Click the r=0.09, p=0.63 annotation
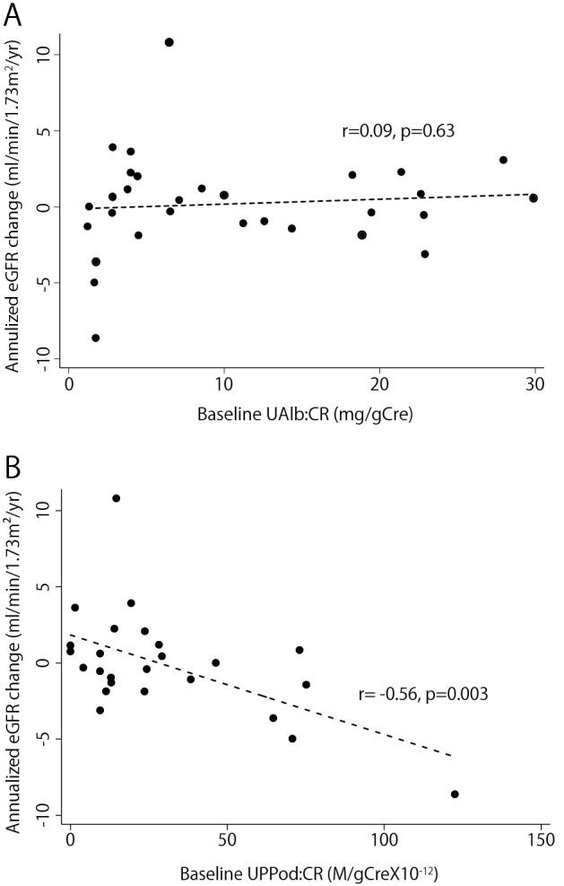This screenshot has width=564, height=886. (x=398, y=131)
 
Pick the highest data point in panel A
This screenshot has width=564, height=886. (x=169, y=42)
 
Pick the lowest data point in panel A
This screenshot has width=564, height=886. (x=96, y=338)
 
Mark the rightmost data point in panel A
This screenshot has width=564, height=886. (x=534, y=197)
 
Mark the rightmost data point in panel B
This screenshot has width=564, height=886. (x=455, y=794)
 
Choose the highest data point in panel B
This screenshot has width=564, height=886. (x=116, y=498)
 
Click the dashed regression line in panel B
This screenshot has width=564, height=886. (x=269, y=698)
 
